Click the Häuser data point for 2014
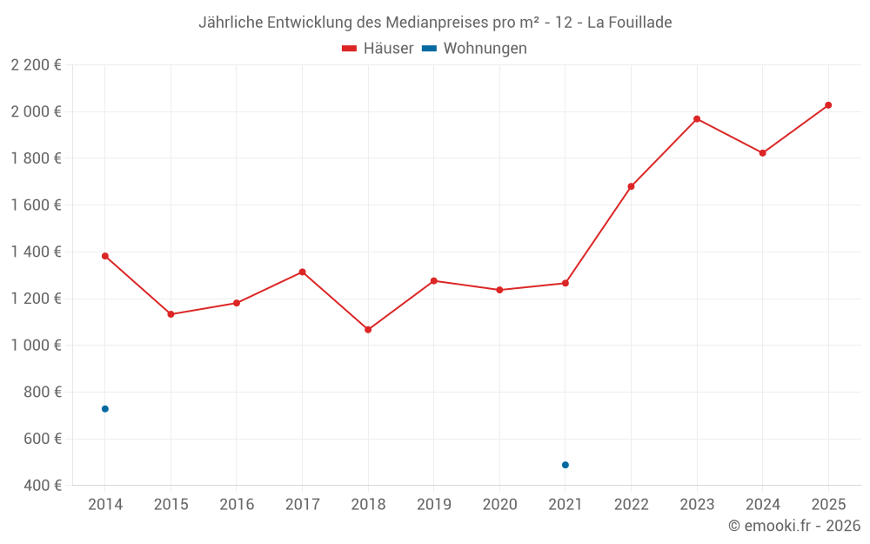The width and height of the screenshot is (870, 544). [x=105, y=256]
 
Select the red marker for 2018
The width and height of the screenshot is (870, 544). [x=368, y=330]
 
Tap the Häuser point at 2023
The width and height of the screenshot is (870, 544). [x=697, y=119]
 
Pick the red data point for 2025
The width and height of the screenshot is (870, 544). [x=828, y=105]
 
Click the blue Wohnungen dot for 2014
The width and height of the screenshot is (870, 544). [x=105, y=409]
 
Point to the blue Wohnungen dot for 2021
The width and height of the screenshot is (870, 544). [x=565, y=465]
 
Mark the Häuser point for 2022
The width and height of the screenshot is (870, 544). [x=631, y=186]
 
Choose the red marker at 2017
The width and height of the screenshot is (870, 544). [x=302, y=272]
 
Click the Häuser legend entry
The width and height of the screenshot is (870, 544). [x=378, y=49]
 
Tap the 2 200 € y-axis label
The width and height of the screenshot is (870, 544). [x=36, y=65]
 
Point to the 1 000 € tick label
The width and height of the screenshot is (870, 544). [x=36, y=346]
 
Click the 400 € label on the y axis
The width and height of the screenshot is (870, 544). [x=41, y=486]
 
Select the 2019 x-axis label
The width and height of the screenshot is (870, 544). [x=434, y=505]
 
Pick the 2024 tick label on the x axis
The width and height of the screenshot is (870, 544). [x=762, y=505]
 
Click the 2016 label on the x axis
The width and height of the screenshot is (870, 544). [x=237, y=505]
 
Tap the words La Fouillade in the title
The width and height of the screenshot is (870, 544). [x=629, y=23]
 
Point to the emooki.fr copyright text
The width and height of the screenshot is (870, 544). [x=793, y=526]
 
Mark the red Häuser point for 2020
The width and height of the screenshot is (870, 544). [x=499, y=290]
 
